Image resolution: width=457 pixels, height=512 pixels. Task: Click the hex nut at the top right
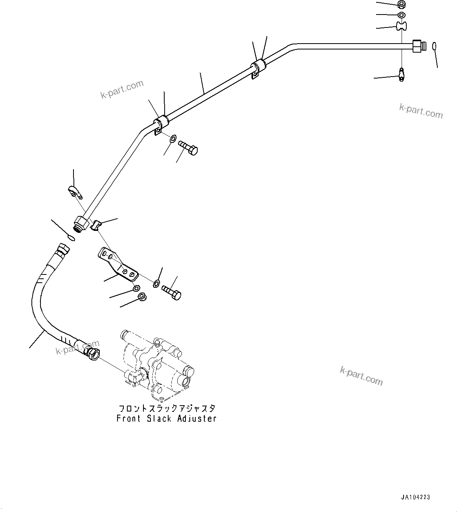coord(401,5)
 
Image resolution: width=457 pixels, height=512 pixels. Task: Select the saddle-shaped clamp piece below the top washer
coord(401,26)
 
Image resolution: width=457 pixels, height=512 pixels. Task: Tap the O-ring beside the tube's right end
coord(433,46)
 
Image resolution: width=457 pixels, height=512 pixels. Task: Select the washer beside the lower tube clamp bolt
coord(173,138)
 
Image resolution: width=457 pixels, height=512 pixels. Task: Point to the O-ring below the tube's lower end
coord(71,238)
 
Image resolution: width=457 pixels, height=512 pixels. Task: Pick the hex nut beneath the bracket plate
coord(142,297)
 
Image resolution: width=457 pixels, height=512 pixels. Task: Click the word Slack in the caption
coord(159,419)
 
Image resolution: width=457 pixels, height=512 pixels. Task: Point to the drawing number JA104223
coord(416,497)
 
